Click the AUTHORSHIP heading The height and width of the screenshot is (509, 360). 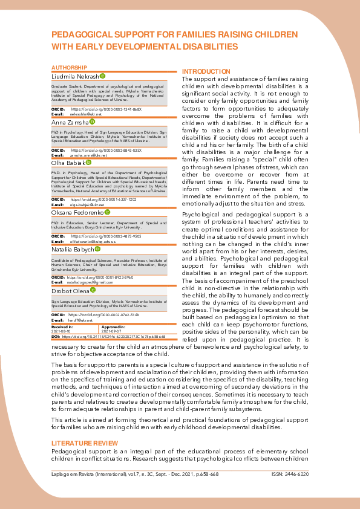pyautogui.click(x=69, y=67)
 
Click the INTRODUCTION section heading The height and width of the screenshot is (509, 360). pyautogui.click(x=206, y=71)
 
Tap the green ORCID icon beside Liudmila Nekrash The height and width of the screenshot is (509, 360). pyautogui.click(x=102, y=76)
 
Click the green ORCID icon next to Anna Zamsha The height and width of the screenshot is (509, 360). pyautogui.click(x=91, y=122)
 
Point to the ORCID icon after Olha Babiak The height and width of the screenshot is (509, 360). pyautogui.click(x=88, y=163)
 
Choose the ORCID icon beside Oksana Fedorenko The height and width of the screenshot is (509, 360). pyautogui.click(x=107, y=212)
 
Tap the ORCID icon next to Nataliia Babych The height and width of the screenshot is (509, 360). pyautogui.click(x=97, y=248)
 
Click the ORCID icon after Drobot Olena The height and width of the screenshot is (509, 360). pyautogui.click(x=93, y=291)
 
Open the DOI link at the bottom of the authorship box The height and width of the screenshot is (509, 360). pyautogui.click(x=115, y=337)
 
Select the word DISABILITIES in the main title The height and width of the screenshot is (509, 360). pyautogui.click(x=203, y=46)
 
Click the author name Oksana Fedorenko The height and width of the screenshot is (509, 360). pyautogui.click(x=77, y=212)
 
